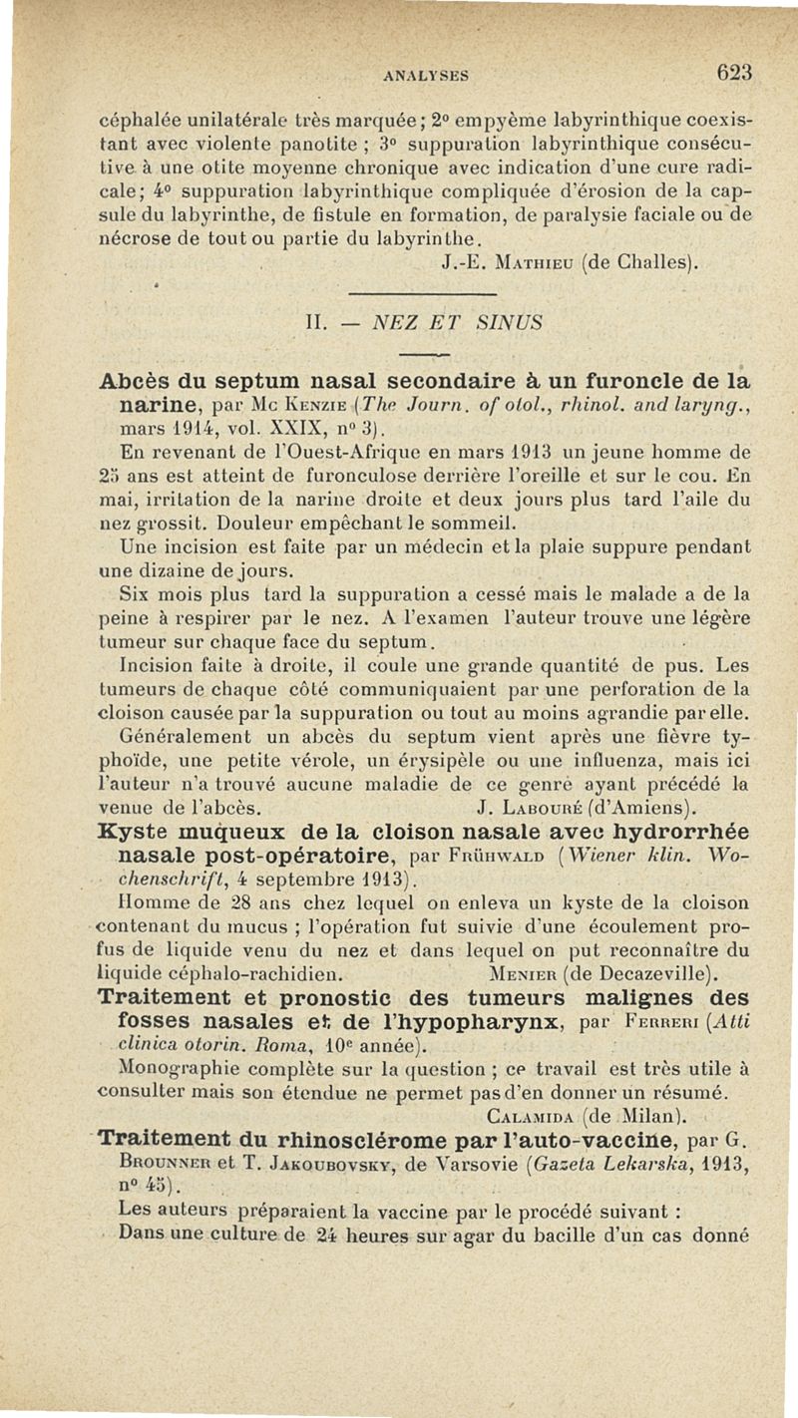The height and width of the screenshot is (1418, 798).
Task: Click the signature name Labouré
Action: pyautogui.click(x=540, y=797)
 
